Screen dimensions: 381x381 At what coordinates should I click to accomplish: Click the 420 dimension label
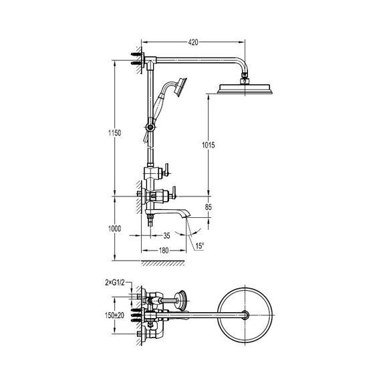click(193, 42)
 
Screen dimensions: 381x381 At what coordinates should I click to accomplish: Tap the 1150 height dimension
click(115, 133)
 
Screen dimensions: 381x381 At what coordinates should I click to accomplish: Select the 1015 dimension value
click(209, 145)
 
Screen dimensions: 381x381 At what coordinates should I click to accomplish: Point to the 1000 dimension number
click(115, 229)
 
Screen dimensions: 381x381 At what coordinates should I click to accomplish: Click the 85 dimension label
click(209, 207)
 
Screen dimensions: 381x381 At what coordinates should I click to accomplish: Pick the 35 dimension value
click(166, 236)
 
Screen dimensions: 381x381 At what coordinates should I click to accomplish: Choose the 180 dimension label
click(164, 250)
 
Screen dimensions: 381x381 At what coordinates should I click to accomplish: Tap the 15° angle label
click(199, 246)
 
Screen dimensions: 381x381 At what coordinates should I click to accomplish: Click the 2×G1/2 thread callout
click(115, 282)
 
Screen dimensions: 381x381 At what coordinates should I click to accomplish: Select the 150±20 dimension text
click(114, 315)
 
